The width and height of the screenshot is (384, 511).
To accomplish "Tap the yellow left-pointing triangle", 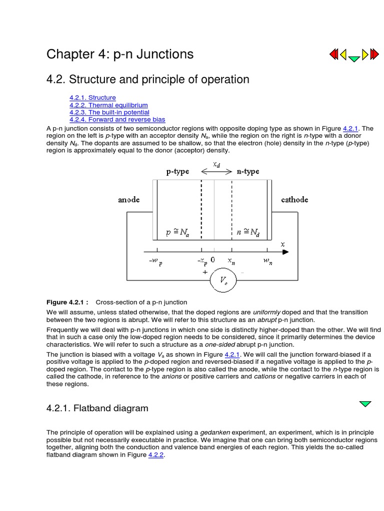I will click(x=344, y=54).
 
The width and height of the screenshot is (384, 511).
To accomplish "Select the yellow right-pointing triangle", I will click(x=364, y=54).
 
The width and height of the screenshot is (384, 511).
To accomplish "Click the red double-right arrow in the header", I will click(x=374, y=54).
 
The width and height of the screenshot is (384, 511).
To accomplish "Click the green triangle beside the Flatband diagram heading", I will click(x=365, y=403).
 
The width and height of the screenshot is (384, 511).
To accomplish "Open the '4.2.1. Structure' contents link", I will click(x=92, y=97).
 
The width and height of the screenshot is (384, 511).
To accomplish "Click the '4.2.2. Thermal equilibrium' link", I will click(x=108, y=105).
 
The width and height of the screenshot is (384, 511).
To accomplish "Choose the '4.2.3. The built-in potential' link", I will click(x=109, y=112).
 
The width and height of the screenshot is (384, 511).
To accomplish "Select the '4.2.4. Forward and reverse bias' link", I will click(x=117, y=120).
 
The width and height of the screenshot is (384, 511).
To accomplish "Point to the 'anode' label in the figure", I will click(x=129, y=200).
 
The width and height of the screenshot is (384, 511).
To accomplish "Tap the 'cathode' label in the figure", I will click(x=294, y=200).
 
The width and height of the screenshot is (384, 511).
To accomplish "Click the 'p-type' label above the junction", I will click(x=177, y=172).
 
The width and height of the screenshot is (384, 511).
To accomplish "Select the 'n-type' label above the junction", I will click(x=248, y=172).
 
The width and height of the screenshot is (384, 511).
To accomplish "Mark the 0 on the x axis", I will click(x=213, y=260).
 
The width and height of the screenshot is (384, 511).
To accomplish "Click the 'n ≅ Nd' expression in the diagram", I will click(x=247, y=232).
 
